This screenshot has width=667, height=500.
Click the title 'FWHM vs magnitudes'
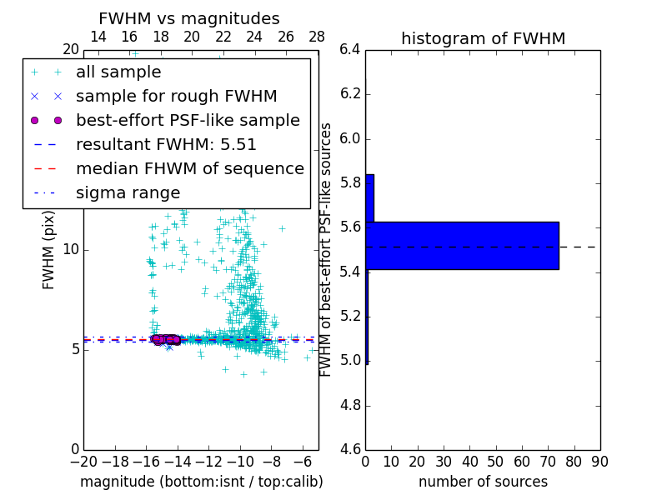[x=188, y=18]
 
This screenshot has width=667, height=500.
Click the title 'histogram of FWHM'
[x=483, y=38]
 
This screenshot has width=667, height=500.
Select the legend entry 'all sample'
[x=118, y=72]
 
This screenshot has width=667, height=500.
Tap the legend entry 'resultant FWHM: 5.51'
[x=166, y=145]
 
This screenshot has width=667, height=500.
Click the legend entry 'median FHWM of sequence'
[x=189, y=169]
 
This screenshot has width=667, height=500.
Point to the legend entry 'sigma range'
[x=128, y=193]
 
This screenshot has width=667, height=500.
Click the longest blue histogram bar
[x=463, y=246]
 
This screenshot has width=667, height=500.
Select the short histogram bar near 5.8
[x=369, y=198]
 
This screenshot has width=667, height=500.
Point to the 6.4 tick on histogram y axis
[x=350, y=49]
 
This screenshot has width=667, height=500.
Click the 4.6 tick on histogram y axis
[x=350, y=450]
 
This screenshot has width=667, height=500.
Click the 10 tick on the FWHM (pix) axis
[x=70, y=249]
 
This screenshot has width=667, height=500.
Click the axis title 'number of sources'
[x=483, y=482]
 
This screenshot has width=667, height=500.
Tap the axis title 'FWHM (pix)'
[x=49, y=249]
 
